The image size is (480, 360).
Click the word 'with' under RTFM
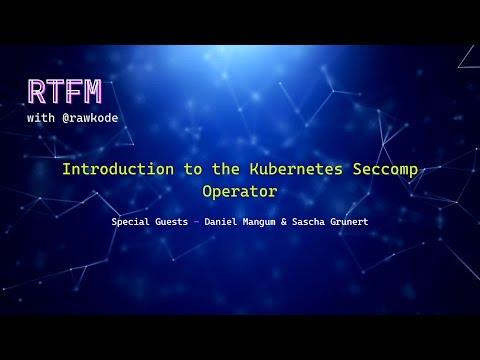42,116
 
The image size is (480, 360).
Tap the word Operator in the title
240,189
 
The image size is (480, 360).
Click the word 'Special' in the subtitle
132,220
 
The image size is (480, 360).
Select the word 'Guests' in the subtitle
175,220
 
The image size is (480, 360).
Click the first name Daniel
221,220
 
